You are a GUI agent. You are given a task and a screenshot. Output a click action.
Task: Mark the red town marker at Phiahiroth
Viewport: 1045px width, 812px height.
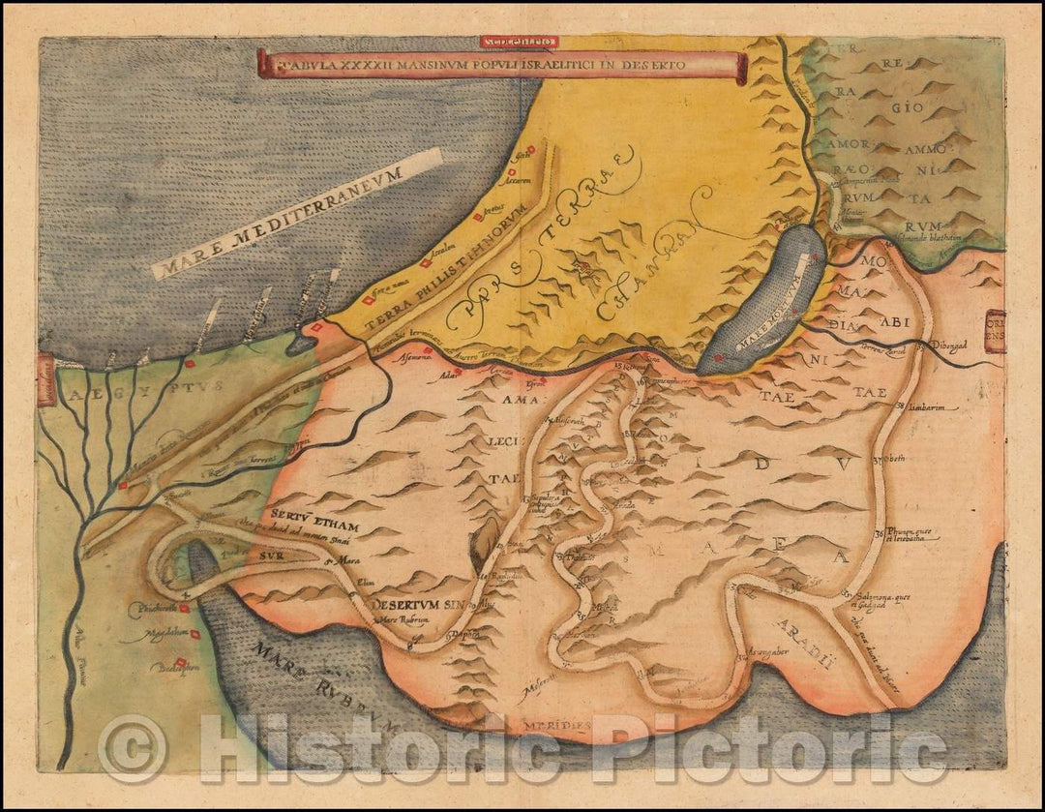[181, 608]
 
